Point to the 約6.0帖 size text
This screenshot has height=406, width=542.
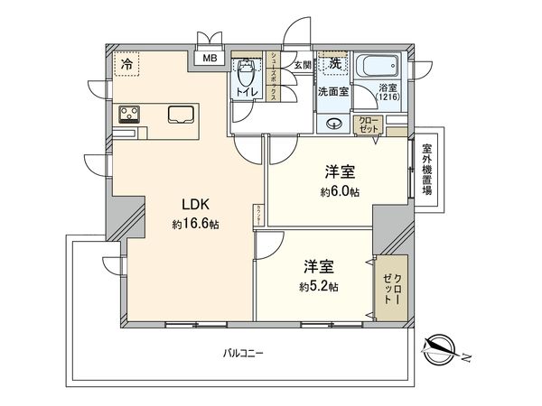pos(338,192)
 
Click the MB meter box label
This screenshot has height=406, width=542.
pos(209,60)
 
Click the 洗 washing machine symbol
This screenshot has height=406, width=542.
pos(334,63)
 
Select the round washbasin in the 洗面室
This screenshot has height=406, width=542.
pos(334,124)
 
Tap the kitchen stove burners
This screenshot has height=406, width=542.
pos(128,114)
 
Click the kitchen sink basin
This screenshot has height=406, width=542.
pos(180,115)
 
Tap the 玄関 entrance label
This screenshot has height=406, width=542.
pos(301,65)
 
